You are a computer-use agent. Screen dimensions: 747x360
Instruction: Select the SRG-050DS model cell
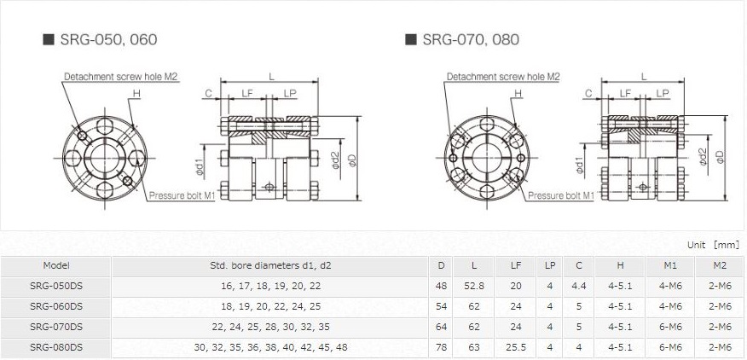[56, 286]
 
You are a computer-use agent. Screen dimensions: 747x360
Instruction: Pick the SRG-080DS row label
[56, 346]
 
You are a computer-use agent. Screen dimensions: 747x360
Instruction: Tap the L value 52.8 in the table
[474, 286]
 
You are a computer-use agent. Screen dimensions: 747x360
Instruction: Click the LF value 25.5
[516, 346]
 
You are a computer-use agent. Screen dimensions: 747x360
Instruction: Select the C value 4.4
[579, 286]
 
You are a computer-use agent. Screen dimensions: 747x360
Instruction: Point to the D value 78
[441, 346]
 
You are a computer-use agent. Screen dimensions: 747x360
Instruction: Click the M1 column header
[669, 265]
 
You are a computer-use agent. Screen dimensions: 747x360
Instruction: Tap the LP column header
[550, 265]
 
